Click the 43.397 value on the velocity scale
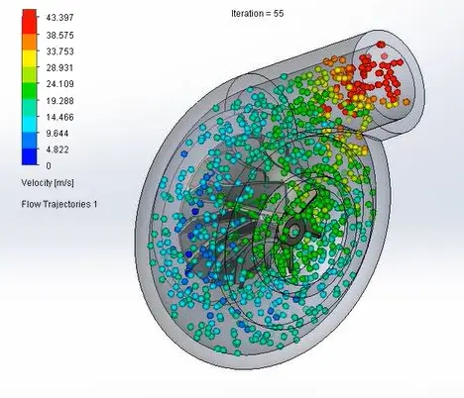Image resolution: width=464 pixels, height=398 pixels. (x=59, y=18)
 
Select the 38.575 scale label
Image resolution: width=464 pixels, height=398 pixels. (x=59, y=36)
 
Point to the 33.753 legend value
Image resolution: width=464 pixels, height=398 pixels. (x=59, y=51)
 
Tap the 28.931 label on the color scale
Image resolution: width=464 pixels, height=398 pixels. (x=59, y=68)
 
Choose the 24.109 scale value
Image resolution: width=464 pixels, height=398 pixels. (x=59, y=84)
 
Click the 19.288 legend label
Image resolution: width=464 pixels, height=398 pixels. (x=59, y=101)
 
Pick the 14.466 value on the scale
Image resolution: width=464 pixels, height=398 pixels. (x=59, y=117)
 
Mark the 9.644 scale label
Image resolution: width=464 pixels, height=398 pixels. (x=58, y=134)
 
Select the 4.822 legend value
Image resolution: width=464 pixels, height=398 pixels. (x=58, y=149)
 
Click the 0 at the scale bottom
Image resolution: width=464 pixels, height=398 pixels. (x=49, y=165)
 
